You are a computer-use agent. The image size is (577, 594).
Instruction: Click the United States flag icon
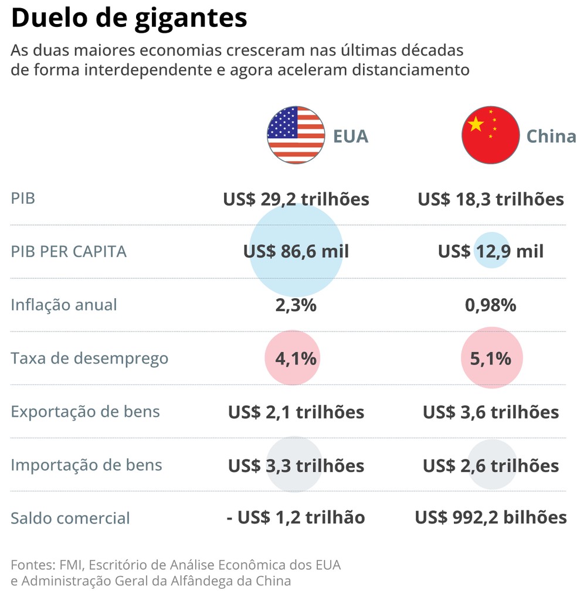[x=296, y=135]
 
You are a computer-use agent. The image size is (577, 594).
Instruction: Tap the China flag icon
[x=491, y=135]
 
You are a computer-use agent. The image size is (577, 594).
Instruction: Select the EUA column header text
[x=351, y=136]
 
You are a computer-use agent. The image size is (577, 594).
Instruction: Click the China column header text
[x=551, y=136]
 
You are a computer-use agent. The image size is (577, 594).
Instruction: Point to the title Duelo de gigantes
[x=129, y=18]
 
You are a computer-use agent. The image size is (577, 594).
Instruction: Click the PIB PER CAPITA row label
[x=69, y=252]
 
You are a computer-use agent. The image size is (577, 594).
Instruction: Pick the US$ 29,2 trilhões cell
[x=296, y=199]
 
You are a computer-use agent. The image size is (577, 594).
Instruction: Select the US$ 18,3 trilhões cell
[x=491, y=199]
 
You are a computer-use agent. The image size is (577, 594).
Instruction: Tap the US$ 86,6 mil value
[x=296, y=252]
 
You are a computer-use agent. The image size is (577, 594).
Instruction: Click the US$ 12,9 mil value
[x=491, y=252]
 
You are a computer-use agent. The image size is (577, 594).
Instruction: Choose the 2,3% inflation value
[x=296, y=305]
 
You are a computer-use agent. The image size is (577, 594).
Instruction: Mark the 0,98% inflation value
[x=491, y=305]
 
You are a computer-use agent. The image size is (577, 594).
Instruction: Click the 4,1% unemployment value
[x=296, y=359]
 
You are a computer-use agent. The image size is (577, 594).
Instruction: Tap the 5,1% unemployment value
[x=491, y=359]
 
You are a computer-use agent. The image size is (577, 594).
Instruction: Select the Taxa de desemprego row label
[x=89, y=359]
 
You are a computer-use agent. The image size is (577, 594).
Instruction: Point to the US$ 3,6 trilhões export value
[x=491, y=412]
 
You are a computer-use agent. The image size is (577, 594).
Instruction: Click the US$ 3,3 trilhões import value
[x=296, y=466]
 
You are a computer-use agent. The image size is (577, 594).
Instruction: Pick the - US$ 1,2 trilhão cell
[x=296, y=518]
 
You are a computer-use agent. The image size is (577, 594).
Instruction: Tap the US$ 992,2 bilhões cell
[x=491, y=518]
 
